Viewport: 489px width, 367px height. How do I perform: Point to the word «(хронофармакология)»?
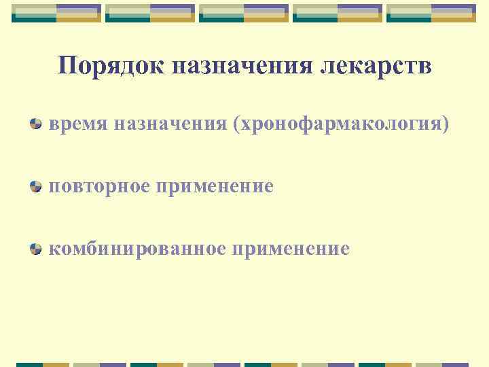tap(341, 124)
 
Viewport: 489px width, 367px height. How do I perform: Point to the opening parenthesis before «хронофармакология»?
tap(236, 124)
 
